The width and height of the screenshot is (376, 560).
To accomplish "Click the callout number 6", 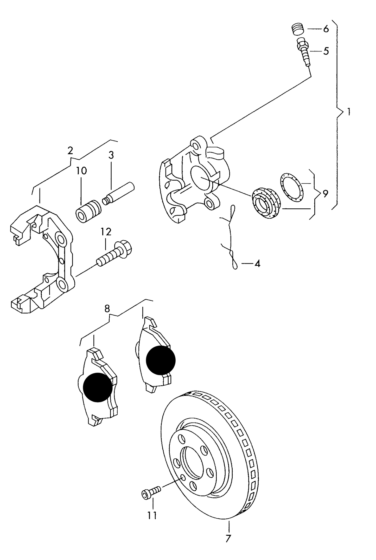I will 326,29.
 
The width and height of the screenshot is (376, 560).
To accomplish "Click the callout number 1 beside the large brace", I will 349,112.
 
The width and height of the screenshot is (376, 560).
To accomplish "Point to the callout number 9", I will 325,194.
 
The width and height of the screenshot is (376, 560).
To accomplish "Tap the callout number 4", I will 257,264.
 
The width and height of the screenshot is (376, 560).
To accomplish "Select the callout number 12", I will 106,232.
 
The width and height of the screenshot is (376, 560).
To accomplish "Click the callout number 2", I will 70,150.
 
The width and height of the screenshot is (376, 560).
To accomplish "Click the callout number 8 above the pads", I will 107,308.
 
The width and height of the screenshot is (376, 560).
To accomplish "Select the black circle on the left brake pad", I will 98,387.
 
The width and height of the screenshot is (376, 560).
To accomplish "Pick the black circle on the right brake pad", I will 161,360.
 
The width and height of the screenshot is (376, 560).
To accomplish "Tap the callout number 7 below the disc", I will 228,539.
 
